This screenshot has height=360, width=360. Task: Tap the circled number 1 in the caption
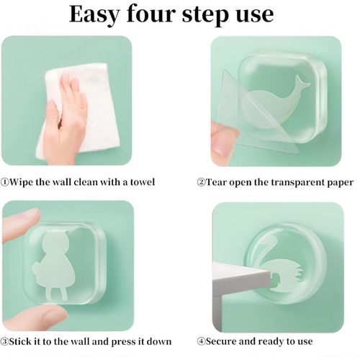coord(6,182)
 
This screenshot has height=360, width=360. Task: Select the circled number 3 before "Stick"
coord(6,341)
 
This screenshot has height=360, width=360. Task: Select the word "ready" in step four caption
coord(269,341)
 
